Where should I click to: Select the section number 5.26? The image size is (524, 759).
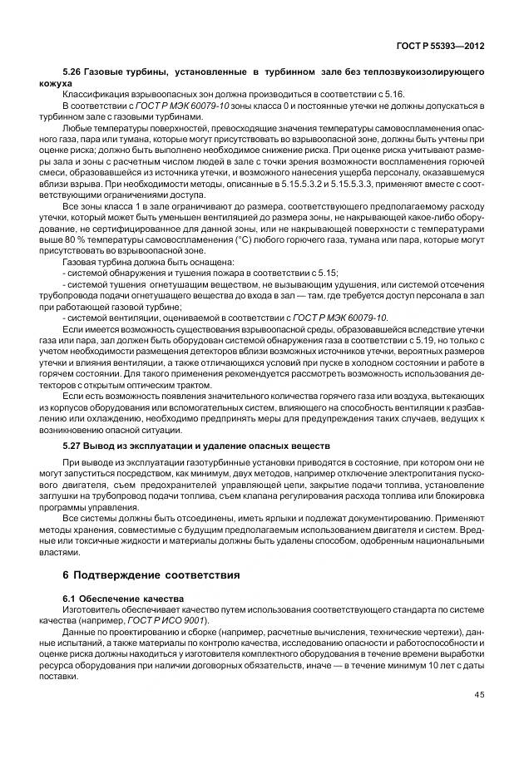(x=72, y=74)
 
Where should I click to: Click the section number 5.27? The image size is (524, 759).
(x=72, y=446)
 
